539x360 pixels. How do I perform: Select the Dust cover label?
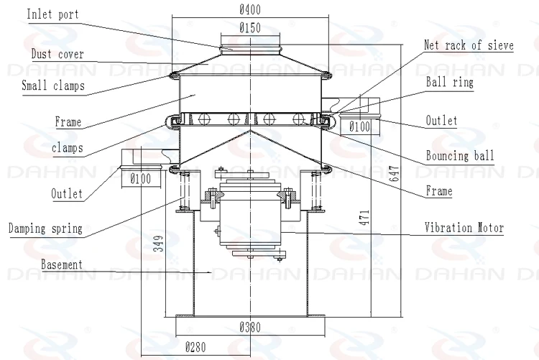(57, 54)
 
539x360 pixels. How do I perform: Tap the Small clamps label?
(52, 86)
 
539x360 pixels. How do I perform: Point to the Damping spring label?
(45, 229)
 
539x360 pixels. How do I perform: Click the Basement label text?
(61, 264)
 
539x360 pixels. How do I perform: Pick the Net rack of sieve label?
(468, 46)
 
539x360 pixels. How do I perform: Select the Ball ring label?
(450, 83)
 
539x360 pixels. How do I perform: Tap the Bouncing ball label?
(460, 156)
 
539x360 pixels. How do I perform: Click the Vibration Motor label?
(464, 228)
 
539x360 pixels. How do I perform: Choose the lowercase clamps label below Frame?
(67, 148)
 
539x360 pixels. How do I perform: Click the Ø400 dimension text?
(249, 9)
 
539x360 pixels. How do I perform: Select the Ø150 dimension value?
(249, 28)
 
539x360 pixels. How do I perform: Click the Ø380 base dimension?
(250, 327)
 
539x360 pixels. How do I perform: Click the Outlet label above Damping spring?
(66, 194)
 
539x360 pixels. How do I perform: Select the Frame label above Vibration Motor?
(438, 191)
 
